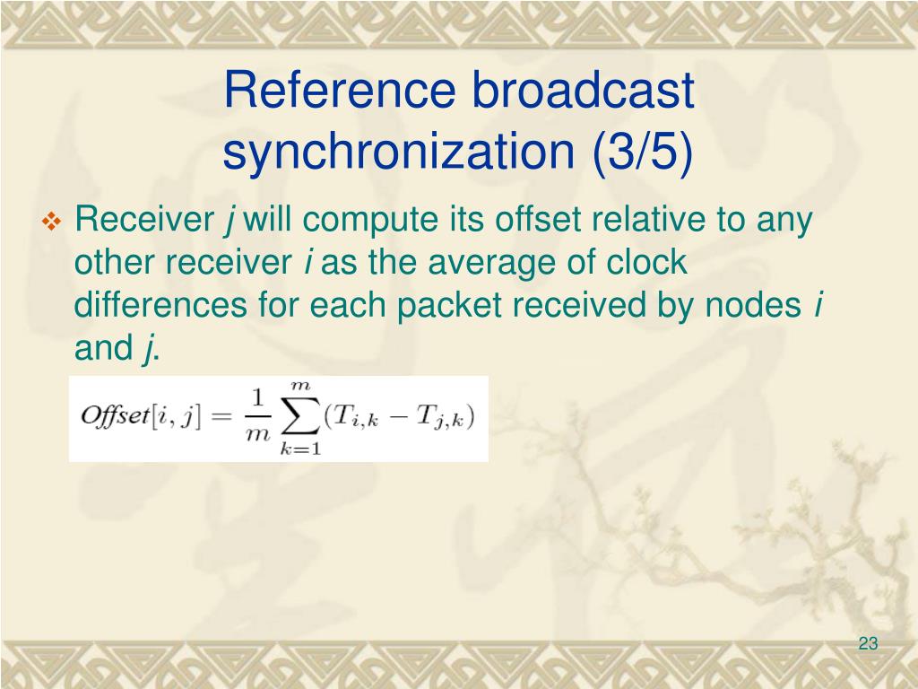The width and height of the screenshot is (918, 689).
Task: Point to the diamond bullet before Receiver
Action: point(50,220)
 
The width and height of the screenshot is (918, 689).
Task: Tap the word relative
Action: point(633,219)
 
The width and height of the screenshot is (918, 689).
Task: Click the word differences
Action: point(161,305)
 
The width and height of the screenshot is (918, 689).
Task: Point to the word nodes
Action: point(754,305)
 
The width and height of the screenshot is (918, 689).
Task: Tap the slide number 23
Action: point(867,643)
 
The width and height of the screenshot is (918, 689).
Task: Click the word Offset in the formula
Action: point(115,417)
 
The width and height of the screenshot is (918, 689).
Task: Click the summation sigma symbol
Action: point(299,418)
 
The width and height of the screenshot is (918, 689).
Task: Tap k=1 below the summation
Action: point(299,449)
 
